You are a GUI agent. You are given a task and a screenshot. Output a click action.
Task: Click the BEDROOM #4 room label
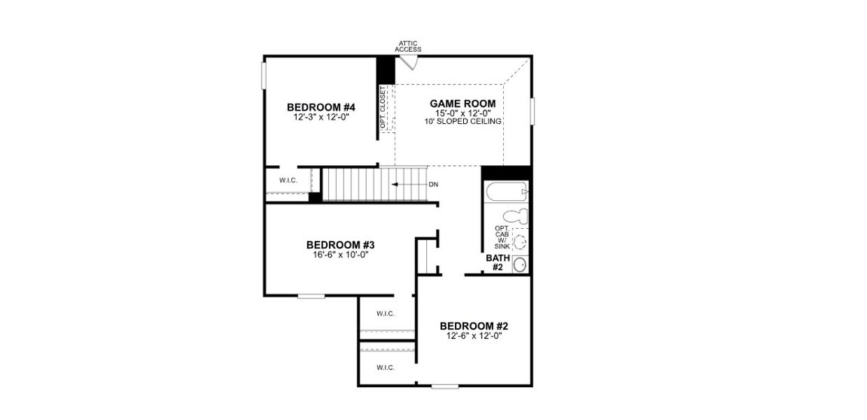tap(321, 107)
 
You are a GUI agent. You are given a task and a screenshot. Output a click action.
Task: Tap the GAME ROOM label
tap(462, 104)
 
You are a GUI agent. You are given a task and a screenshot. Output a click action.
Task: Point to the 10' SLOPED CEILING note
tap(462, 122)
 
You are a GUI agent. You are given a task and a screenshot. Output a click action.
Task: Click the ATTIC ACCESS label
tap(408, 46)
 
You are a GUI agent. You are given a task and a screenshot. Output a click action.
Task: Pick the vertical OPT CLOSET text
tap(383, 107)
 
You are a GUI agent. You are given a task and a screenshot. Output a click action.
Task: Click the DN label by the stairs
tap(433, 185)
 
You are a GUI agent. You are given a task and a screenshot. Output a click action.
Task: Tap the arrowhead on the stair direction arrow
tap(395, 185)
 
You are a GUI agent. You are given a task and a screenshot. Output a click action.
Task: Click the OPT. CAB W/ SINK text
tap(502, 237)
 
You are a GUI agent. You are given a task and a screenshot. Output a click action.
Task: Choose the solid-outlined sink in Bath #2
tap(520, 265)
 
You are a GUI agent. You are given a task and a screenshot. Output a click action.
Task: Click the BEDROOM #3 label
tap(341, 245)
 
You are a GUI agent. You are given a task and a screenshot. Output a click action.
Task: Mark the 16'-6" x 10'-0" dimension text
tap(341, 255)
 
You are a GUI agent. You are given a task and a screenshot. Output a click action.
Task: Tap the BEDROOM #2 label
tap(474, 326)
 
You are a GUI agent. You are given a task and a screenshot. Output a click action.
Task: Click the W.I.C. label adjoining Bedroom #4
tap(288, 181)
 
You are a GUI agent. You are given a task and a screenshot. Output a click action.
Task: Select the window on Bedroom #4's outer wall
tap(265, 76)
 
